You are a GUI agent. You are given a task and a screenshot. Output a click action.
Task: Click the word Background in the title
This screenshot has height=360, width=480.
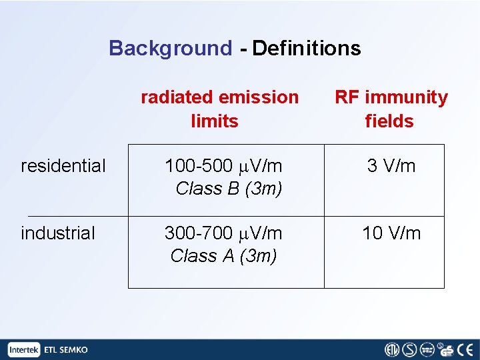[170, 49]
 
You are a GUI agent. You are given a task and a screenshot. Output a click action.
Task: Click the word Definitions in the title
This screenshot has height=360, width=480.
[307, 49]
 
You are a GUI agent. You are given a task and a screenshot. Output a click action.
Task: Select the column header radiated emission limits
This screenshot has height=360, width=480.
[219, 109]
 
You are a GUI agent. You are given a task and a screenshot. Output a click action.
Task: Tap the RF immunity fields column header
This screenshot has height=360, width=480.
[391, 109]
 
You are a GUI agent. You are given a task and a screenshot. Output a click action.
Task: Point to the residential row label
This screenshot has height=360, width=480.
[63, 165]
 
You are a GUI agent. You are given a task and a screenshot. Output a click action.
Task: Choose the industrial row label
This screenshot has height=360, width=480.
[58, 233]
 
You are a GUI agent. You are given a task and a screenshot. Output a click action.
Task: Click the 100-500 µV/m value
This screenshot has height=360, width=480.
[223, 165]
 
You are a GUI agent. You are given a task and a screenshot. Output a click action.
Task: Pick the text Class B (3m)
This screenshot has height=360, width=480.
[229, 189]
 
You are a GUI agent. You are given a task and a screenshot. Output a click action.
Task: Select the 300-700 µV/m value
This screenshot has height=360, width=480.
[223, 233]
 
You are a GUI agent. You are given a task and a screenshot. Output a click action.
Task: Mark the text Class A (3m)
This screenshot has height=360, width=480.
[223, 255]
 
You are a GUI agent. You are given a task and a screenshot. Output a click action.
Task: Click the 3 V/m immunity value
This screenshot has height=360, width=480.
[391, 165]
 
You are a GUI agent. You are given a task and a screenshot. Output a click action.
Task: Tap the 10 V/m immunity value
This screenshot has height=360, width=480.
[391, 233]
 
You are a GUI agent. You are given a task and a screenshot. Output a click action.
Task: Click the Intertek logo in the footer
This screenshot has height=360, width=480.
[25, 349]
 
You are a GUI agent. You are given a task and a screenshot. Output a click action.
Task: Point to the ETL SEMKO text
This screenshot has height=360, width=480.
[65, 349]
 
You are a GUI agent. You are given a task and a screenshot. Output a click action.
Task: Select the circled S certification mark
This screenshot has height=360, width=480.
[409, 349]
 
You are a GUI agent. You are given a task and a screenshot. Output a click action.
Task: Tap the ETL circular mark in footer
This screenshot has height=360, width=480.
[392, 349]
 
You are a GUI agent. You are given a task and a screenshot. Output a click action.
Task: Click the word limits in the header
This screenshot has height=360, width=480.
[214, 121]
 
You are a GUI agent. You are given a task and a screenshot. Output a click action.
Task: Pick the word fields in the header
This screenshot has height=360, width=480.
[389, 121]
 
